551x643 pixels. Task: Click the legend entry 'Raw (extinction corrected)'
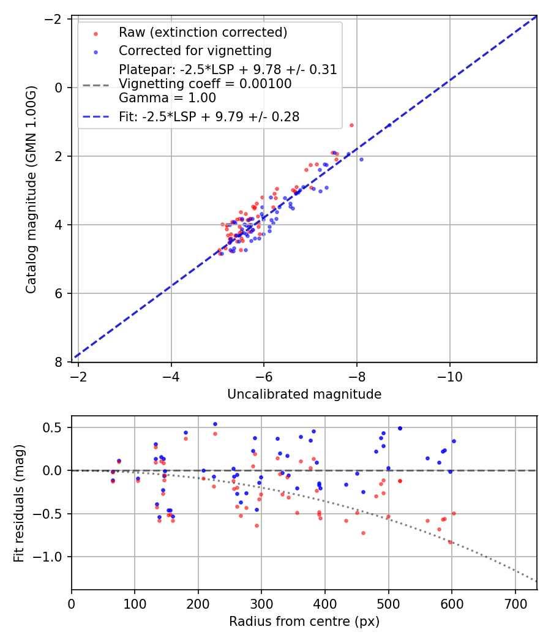pos(203,32)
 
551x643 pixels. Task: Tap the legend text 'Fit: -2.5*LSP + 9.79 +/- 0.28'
pos(209,117)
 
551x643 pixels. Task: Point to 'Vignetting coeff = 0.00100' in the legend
pos(205,84)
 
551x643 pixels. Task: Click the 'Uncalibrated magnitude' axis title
pos(304,394)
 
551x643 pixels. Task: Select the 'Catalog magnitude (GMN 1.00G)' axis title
pos(31,190)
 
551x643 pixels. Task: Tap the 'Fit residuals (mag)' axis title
pos(19,503)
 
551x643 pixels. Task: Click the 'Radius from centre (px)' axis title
pos(304,622)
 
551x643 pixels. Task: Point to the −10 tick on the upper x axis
pos(450,374)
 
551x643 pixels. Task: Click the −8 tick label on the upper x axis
pos(357,374)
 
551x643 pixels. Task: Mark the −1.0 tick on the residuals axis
pos(52,557)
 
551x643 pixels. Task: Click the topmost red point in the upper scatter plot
pos(351,125)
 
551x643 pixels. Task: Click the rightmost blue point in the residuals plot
pos(454,441)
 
